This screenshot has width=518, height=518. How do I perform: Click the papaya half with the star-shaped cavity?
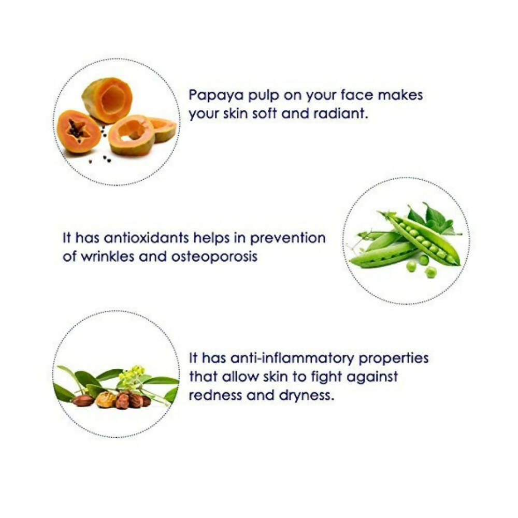[78, 132]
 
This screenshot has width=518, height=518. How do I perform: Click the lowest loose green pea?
[430, 272]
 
